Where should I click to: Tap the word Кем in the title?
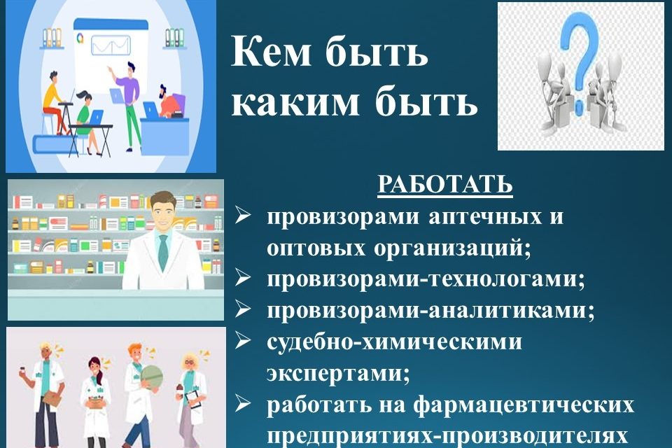272,52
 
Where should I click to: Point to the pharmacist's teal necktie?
163,253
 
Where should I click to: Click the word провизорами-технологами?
426,279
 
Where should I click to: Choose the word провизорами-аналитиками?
430,310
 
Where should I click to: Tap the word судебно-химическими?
394,342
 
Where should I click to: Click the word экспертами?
338,373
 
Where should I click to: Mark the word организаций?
453,248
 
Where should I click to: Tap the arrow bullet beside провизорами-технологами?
243,279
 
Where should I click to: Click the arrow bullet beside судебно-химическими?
243,342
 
